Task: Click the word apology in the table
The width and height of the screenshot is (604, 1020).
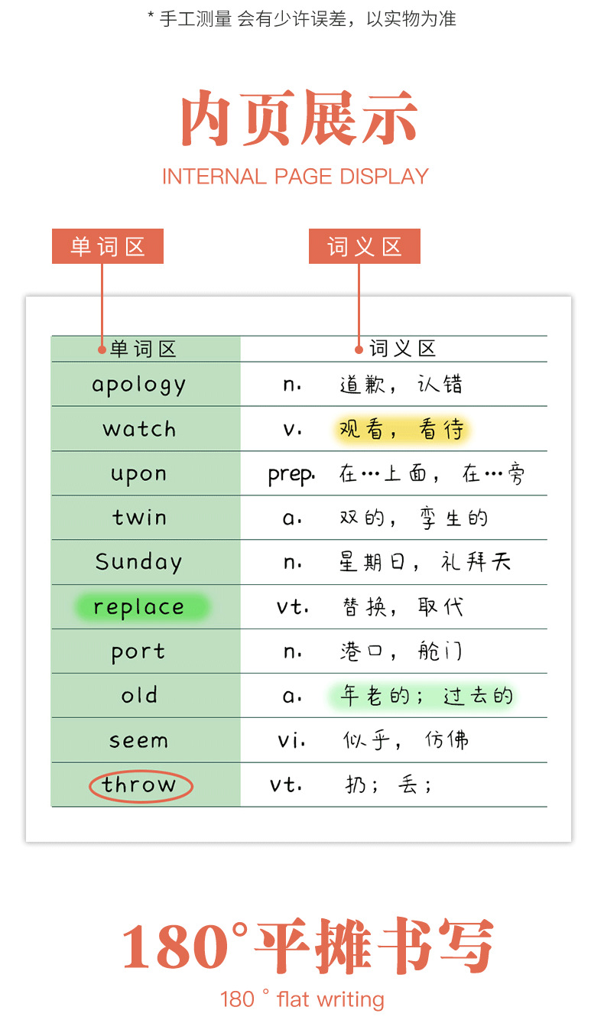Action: [x=139, y=385]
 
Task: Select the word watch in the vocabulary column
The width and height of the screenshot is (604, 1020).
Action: [x=139, y=429]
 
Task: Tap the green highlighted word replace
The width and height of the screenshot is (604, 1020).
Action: [x=139, y=608]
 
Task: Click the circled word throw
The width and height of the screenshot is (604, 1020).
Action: [x=139, y=785]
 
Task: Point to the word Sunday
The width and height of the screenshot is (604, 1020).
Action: [x=139, y=563]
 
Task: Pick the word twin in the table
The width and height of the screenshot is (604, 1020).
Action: [x=139, y=518]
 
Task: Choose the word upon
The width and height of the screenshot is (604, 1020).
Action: [x=139, y=474]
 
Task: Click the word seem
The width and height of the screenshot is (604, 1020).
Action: [x=139, y=740]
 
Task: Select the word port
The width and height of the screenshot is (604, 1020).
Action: [x=139, y=652]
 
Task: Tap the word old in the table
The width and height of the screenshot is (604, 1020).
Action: [x=139, y=696]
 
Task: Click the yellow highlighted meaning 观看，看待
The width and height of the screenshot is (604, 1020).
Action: [x=401, y=430]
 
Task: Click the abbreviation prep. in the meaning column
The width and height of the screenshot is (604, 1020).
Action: [x=291, y=475]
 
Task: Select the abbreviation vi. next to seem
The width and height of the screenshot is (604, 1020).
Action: [x=291, y=740]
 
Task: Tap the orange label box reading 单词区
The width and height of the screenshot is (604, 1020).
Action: [x=108, y=246]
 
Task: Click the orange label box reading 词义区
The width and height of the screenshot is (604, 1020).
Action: [x=365, y=246]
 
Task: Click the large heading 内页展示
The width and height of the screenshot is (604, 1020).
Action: [x=299, y=119]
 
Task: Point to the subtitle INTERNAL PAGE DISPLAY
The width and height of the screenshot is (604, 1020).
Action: [x=295, y=177]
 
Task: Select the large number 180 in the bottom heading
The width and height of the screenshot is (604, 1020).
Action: [x=175, y=946]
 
